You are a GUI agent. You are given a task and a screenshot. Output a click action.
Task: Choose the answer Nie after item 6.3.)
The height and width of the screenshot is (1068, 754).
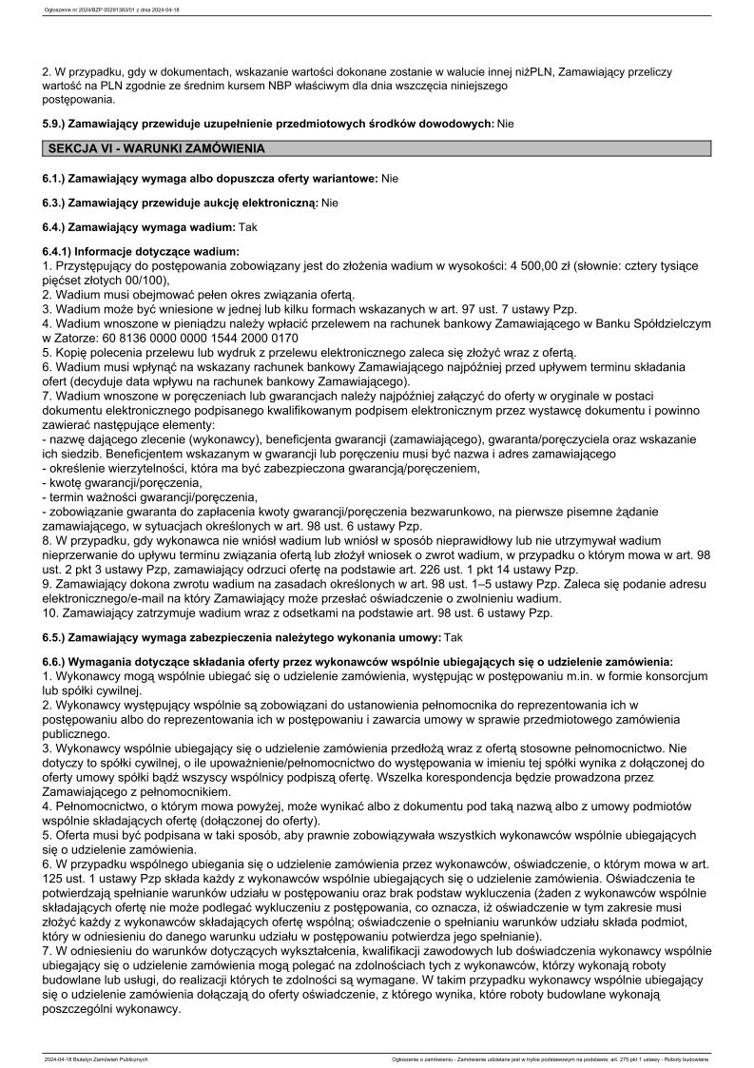(x=330, y=203)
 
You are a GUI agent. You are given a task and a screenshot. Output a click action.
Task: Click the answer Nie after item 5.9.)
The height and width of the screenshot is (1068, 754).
(x=505, y=124)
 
